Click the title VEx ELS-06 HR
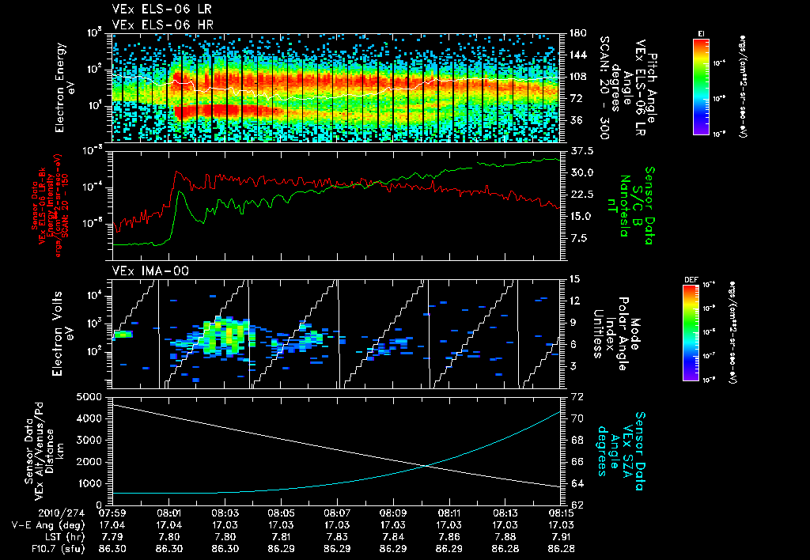click(x=155, y=25)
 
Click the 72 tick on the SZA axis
click(x=577, y=395)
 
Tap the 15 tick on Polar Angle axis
click(x=575, y=279)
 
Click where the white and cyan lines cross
click(x=428, y=465)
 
